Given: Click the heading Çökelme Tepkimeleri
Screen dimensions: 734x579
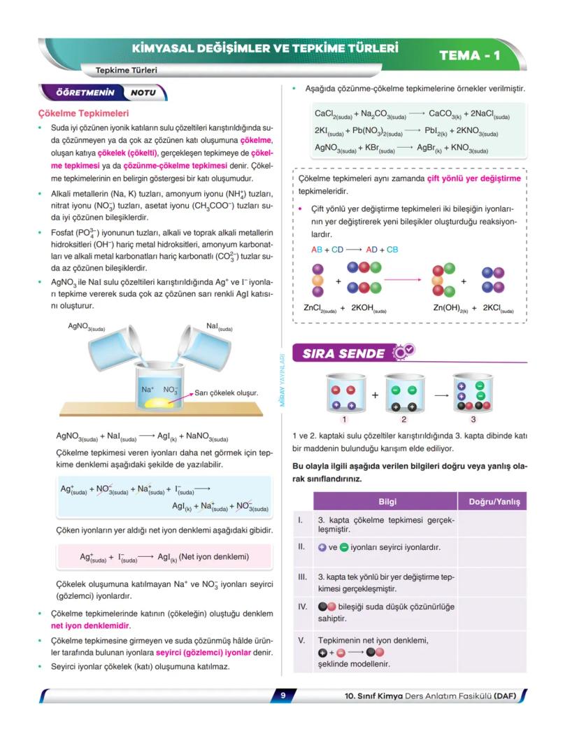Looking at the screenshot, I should click(x=83, y=113).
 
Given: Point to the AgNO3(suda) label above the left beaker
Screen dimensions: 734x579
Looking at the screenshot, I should click(x=87, y=326).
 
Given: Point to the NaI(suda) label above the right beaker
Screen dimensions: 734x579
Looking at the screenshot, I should click(x=220, y=326).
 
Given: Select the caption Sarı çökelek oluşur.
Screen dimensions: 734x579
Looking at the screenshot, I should click(x=227, y=393).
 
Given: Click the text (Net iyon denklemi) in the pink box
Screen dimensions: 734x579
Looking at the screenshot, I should click(x=213, y=557).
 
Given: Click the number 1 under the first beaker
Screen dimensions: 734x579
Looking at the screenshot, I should click(x=344, y=420).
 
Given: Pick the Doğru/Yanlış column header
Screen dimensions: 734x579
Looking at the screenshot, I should click(x=492, y=502).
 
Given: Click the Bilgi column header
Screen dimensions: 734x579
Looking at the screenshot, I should click(x=387, y=502).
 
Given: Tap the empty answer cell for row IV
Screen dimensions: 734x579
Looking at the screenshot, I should click(x=492, y=613).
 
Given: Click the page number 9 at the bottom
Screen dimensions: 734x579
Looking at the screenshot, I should click(x=283, y=696).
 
